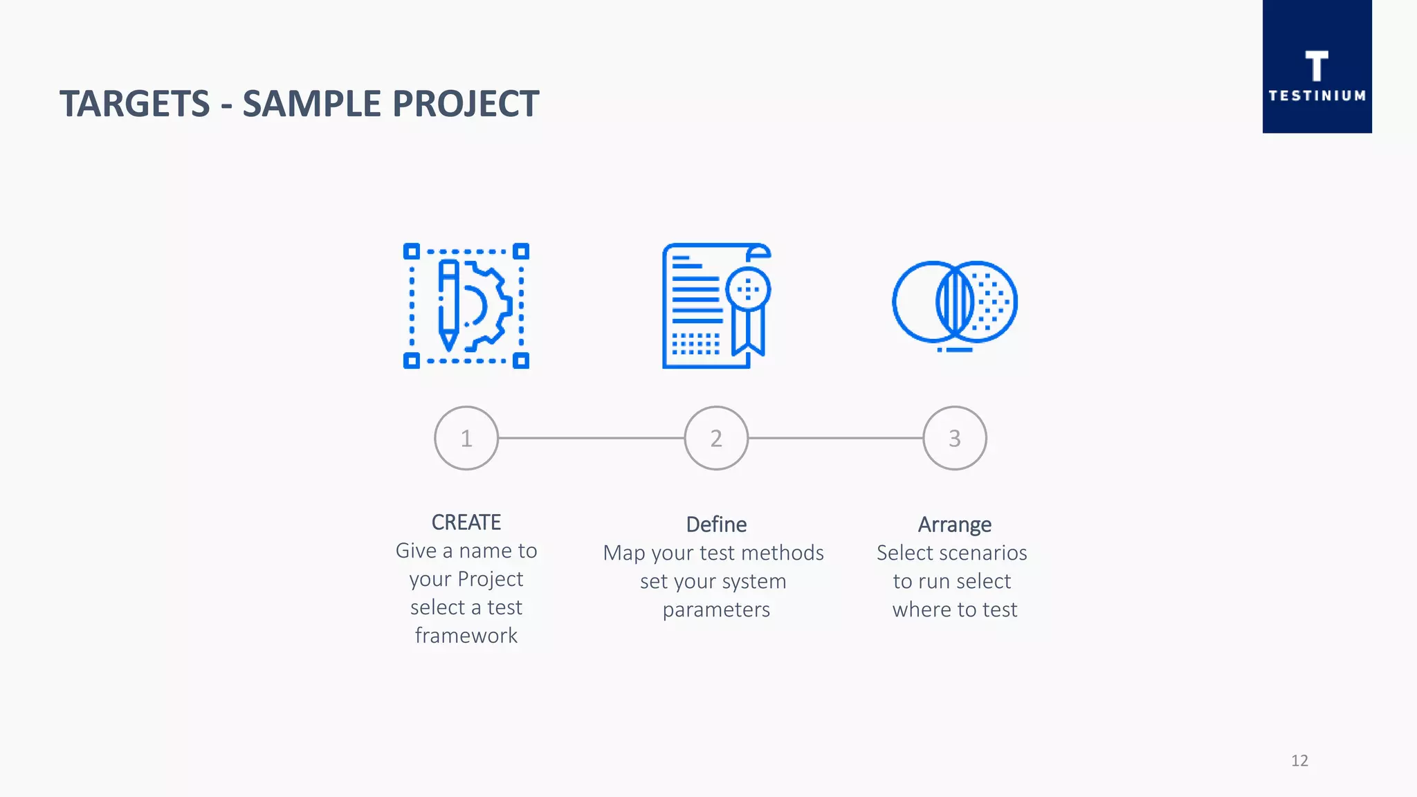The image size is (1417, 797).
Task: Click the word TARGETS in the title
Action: coord(134,104)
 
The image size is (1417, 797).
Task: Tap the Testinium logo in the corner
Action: coord(1317,67)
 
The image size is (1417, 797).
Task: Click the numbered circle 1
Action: coord(466,438)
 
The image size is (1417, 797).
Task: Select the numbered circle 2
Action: coord(716,438)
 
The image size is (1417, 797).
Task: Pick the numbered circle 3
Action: coord(955,438)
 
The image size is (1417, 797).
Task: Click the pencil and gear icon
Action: coord(466,306)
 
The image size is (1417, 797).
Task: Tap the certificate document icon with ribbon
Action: coord(716,306)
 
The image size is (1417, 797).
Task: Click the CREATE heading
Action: coord(466,522)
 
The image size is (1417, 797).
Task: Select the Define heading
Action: coord(716,524)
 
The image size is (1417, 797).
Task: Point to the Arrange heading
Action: coord(955,524)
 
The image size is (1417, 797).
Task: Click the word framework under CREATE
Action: coord(466,635)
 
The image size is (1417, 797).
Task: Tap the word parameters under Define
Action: coord(716,610)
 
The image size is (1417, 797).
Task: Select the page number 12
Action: coord(1299,760)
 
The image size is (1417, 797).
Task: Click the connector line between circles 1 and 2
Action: coord(592,438)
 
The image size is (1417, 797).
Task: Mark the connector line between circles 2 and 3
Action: coord(836,438)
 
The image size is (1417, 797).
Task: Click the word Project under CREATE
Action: coord(490,579)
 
